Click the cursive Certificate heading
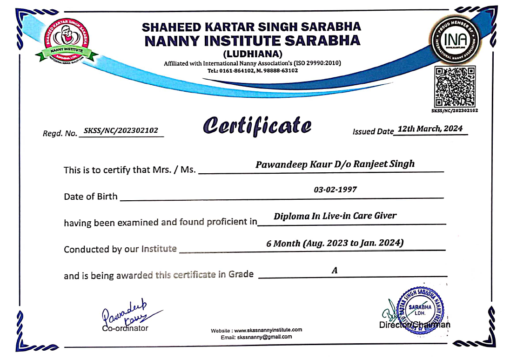[x=257, y=125]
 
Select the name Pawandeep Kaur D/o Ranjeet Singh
[x=335, y=164]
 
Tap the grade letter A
[x=334, y=270]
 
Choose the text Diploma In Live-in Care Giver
[x=335, y=216]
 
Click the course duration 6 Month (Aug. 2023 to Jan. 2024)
[x=335, y=243]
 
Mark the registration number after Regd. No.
[x=122, y=131]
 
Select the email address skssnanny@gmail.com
[x=264, y=337]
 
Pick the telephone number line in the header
[x=253, y=70]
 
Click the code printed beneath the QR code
[x=454, y=110]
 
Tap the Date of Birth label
[x=91, y=197]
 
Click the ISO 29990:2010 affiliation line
[x=253, y=63]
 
